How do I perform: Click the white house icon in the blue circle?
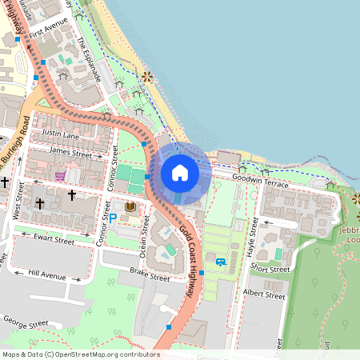tap(179, 173)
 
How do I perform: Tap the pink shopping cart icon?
tap(60, 175)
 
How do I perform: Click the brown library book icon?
tap(129, 207)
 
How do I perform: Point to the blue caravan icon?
tap(220, 261)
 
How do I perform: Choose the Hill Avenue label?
tap(46, 275)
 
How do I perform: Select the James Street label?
tap(70, 150)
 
